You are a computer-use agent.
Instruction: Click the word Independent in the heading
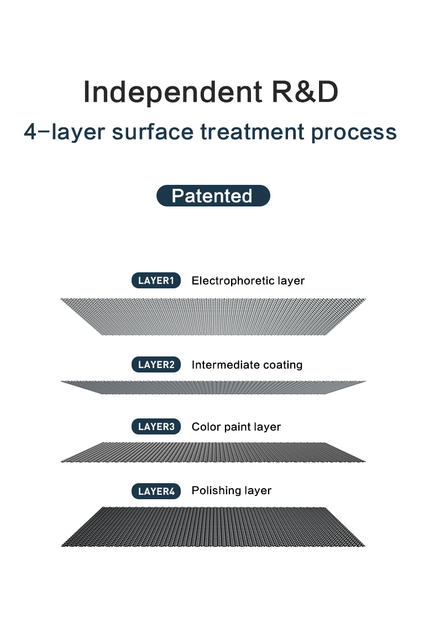click(172, 92)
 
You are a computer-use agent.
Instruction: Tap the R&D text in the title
click(305, 92)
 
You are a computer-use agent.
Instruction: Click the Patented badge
click(213, 195)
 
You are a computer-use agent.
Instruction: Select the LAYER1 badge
click(156, 281)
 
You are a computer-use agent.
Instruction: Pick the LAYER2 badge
click(156, 364)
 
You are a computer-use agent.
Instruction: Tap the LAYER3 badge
click(156, 427)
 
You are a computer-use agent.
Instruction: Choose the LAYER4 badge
click(156, 491)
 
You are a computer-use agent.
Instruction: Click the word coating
click(282, 365)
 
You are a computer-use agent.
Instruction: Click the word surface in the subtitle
click(153, 132)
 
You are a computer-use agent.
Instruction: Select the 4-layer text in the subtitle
click(65, 132)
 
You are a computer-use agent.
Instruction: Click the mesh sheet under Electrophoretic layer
click(213, 317)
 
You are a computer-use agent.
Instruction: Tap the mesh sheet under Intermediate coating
click(213, 387)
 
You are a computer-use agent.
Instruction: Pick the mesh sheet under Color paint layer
click(213, 452)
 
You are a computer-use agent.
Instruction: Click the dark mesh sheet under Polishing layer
click(213, 527)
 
